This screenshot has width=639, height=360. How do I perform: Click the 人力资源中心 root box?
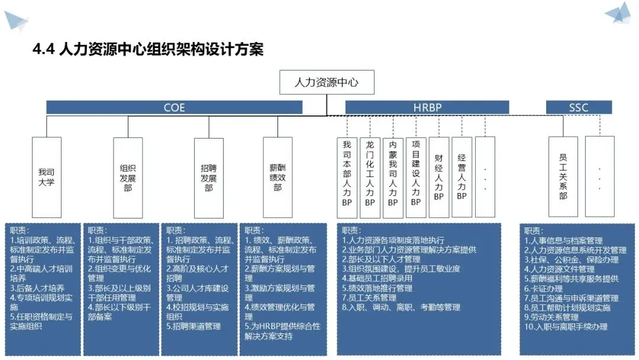(327, 82)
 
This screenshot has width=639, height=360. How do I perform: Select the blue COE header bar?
(175, 107)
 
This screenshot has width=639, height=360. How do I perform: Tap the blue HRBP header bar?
(427, 107)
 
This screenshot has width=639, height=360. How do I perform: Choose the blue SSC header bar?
(579, 107)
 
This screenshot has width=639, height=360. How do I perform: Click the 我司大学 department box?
(46, 177)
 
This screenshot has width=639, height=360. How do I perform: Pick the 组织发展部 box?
(128, 177)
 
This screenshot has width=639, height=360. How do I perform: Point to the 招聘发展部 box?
(209, 177)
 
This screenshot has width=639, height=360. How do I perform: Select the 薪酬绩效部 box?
(277, 177)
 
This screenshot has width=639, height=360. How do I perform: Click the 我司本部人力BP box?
(347, 177)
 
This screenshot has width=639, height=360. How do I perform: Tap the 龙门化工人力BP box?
(370, 177)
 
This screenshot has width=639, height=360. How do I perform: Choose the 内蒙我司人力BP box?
(392, 177)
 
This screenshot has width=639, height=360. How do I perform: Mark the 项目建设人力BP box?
(416, 177)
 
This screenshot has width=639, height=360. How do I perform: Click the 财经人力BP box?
(438, 177)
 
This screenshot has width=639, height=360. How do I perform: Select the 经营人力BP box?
(461, 177)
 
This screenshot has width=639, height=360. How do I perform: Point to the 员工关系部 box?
(563, 176)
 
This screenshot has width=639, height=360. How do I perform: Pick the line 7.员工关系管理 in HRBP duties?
(369, 298)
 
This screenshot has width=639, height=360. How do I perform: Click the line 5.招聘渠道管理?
(193, 326)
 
